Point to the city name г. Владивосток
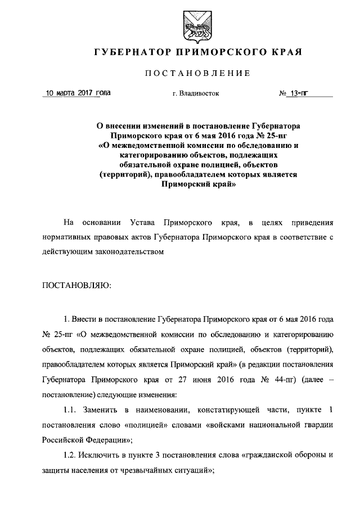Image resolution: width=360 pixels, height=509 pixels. tap(196, 94)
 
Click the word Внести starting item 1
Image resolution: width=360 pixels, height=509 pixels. tap(87, 320)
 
